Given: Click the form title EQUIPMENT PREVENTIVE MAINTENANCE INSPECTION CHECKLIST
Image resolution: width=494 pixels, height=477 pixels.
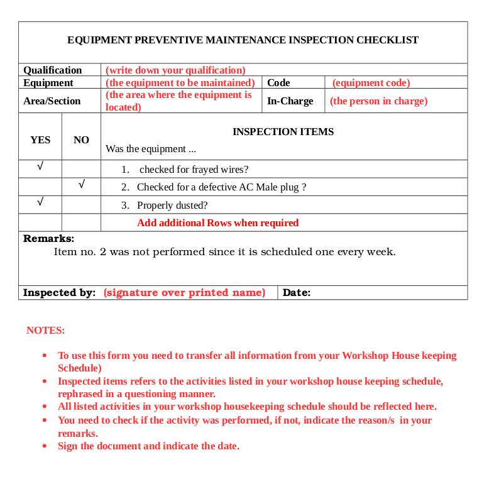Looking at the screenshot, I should pyautogui.click(x=243, y=40).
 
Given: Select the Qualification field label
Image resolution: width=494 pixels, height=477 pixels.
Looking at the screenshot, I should pyautogui.click(x=53, y=70).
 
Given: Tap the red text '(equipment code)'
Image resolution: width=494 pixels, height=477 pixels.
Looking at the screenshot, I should pyautogui.click(x=371, y=82).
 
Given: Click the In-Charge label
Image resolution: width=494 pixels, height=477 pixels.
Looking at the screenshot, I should pyautogui.click(x=290, y=101).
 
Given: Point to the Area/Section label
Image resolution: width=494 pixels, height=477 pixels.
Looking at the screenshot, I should pyautogui.click(x=52, y=101).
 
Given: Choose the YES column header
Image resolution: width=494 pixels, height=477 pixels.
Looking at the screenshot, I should pyautogui.click(x=40, y=140).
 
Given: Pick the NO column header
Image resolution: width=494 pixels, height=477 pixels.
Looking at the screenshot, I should pyautogui.click(x=81, y=140).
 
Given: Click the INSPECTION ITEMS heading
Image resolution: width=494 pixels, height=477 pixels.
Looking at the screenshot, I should pyautogui.click(x=283, y=132).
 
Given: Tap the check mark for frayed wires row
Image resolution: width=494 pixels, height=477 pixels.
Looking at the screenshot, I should pyautogui.click(x=40, y=167).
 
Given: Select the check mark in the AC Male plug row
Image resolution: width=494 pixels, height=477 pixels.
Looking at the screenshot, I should pyautogui.click(x=81, y=185).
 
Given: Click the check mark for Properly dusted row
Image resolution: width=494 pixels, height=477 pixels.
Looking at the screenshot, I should pyautogui.click(x=40, y=202).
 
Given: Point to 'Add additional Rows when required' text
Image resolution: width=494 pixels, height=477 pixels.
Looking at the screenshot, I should pyautogui.click(x=217, y=222).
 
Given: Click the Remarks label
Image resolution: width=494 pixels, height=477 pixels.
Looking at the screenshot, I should pyautogui.click(x=48, y=239).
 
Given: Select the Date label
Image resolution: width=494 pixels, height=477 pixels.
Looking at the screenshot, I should pyautogui.click(x=297, y=292).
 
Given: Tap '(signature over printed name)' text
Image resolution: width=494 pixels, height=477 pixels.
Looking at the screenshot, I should pyautogui.click(x=184, y=292).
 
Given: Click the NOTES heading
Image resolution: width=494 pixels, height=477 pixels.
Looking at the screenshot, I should pyautogui.click(x=45, y=330).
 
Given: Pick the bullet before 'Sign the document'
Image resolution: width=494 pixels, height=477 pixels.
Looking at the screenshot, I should pyautogui.click(x=45, y=446).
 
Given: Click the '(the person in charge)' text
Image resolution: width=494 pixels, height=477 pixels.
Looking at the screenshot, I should pyautogui.click(x=378, y=101).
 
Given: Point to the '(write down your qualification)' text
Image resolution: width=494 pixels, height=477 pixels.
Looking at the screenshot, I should pyautogui.click(x=175, y=70).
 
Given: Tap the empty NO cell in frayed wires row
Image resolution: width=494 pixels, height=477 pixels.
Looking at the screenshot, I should pyautogui.click(x=81, y=168).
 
